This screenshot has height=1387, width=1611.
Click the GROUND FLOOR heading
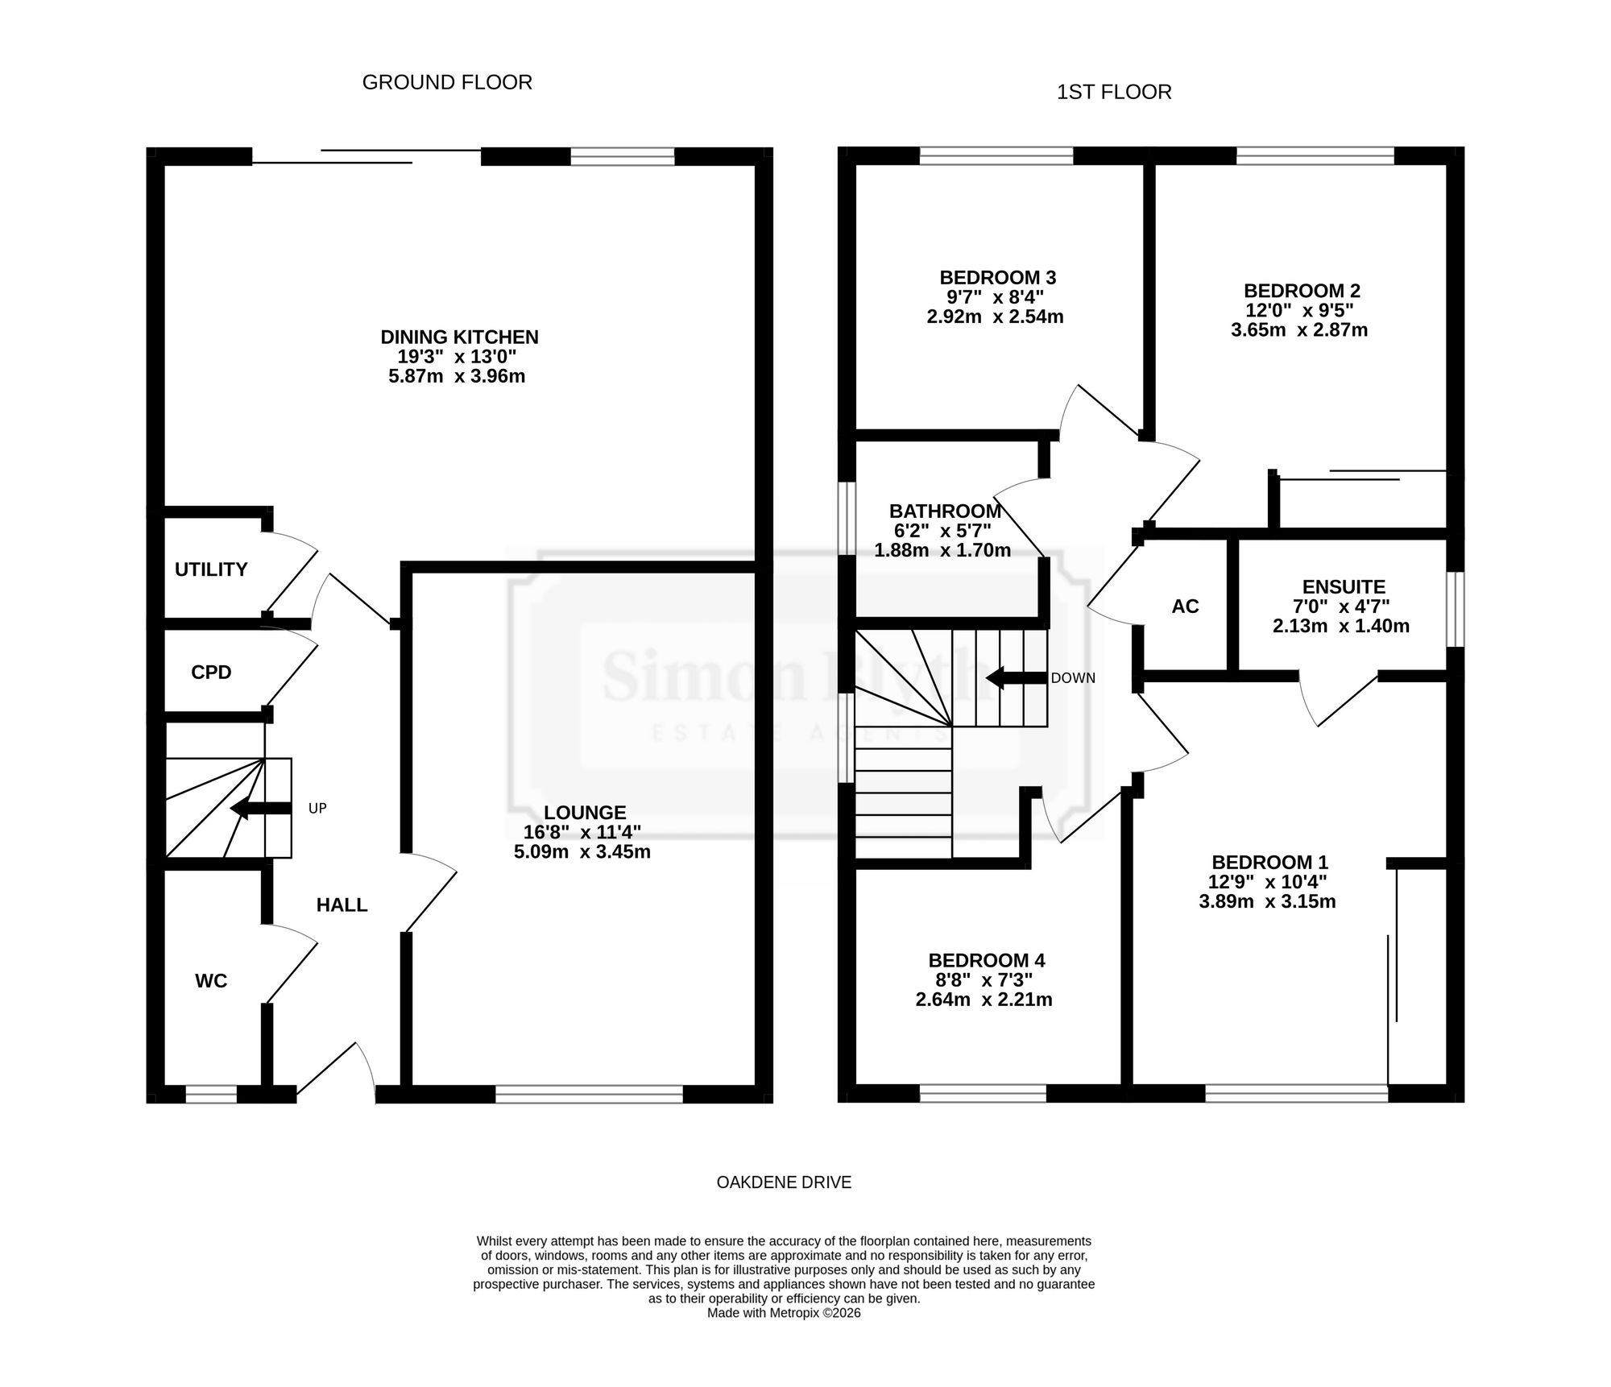(x=447, y=82)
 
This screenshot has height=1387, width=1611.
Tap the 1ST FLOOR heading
(x=1114, y=93)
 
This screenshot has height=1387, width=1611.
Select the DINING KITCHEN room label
(x=459, y=337)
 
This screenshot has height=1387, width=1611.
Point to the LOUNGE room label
(x=585, y=813)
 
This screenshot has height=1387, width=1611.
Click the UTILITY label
(x=211, y=569)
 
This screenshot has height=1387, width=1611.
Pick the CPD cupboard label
(x=211, y=672)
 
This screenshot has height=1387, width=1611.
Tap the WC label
(x=211, y=981)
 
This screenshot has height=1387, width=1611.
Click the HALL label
(x=342, y=905)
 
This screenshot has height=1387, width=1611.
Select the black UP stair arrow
(x=260, y=809)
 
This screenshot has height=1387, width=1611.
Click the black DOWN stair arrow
(x=1017, y=678)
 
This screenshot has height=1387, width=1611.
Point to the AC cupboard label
(x=1185, y=607)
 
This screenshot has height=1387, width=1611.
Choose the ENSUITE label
(x=1344, y=587)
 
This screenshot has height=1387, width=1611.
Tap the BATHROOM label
(x=945, y=511)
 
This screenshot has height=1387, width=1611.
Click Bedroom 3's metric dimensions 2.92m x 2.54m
(x=995, y=317)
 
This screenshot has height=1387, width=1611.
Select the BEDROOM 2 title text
(x=1302, y=291)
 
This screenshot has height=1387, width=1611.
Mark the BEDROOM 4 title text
(x=987, y=960)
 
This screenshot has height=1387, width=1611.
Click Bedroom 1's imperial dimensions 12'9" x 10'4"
(x=1268, y=882)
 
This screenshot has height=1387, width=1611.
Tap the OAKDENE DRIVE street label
(x=784, y=1182)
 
